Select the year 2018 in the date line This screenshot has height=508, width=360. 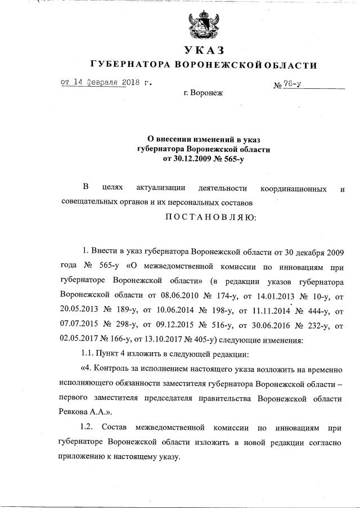[132, 82]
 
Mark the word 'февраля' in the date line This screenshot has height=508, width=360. [105, 82]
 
